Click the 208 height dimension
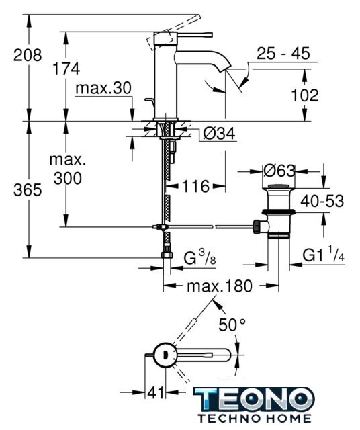28,55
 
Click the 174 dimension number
66,69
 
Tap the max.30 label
103,88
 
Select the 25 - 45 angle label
283,53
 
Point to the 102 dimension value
305,95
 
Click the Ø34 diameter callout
220,134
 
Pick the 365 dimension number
28,189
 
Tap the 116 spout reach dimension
195,187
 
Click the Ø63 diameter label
279,171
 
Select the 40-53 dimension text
322,201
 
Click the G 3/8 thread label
199,258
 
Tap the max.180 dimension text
220,286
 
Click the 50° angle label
232,325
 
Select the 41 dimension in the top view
156,392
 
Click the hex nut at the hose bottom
167,255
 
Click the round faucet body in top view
165,355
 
